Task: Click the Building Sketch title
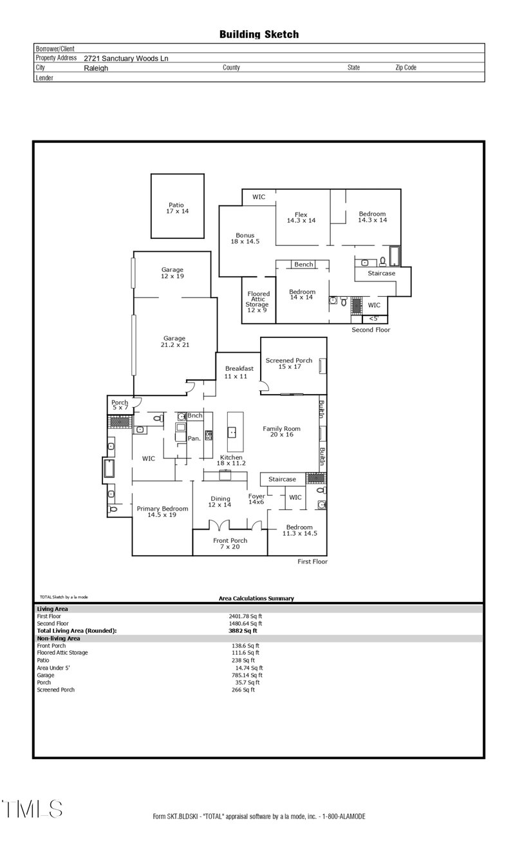tap(259, 35)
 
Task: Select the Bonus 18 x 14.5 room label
tap(245, 239)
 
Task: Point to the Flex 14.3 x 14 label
tap(301, 218)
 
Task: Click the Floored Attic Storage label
tap(259, 302)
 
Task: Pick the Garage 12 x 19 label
tap(173, 273)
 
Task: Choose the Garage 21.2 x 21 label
tap(174, 342)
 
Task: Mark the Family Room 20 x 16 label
tap(282, 431)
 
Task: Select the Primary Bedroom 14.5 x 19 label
tap(162, 512)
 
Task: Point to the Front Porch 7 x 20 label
tap(230, 544)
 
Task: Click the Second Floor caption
tap(371, 330)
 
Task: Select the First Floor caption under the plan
tap(312, 561)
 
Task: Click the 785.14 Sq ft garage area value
tap(247, 675)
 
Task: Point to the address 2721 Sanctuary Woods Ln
tap(126, 58)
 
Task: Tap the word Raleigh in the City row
tap(96, 68)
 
